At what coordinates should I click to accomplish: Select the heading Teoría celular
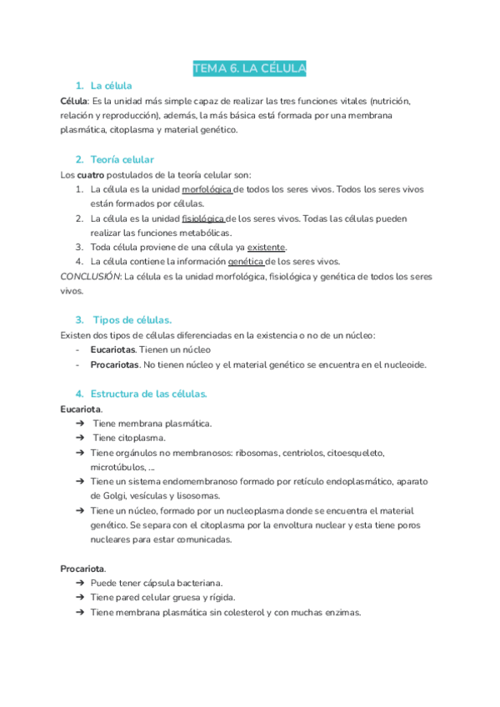click(x=122, y=159)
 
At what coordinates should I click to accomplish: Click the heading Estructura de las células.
click(x=148, y=393)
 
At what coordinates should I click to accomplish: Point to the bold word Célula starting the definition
click(x=74, y=100)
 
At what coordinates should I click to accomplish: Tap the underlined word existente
click(x=266, y=247)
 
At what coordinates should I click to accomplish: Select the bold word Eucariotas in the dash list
click(x=112, y=349)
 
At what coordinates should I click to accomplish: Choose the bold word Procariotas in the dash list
click(x=115, y=364)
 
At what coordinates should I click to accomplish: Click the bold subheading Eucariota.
click(x=81, y=409)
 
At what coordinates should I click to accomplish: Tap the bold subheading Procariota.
click(x=82, y=568)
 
